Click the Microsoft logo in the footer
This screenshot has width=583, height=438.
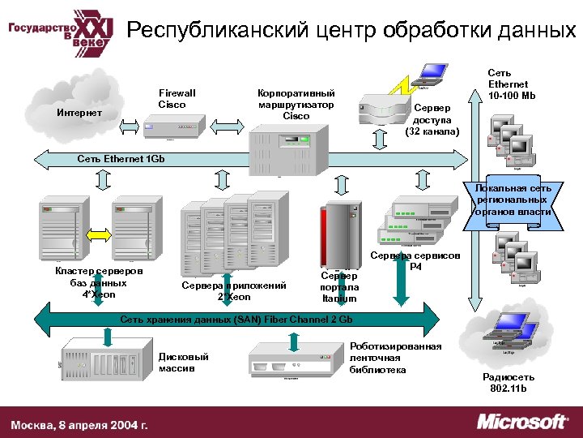click(x=522, y=422)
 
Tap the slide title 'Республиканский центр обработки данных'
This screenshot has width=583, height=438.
click(x=351, y=31)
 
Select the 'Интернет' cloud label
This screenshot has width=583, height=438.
click(x=79, y=113)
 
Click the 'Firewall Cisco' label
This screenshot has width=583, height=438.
click(x=177, y=99)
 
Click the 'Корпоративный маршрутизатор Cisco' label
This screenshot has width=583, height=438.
click(x=296, y=105)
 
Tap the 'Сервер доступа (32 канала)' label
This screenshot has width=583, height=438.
click(x=436, y=119)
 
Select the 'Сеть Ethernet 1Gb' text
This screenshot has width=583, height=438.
click(x=121, y=159)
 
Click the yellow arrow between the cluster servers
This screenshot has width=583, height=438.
click(x=97, y=234)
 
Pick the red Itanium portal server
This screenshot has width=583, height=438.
click(x=339, y=232)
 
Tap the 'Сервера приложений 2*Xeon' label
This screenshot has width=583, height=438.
click(x=234, y=290)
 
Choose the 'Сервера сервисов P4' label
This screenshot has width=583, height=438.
click(x=415, y=261)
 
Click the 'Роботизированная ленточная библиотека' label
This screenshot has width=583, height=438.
click(x=395, y=358)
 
